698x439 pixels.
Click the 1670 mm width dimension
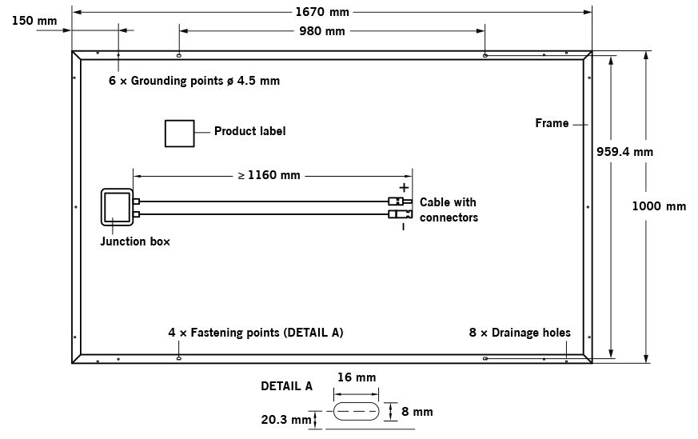tap(322, 12)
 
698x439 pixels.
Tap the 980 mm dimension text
tap(321, 31)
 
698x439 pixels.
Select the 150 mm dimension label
tap(34, 21)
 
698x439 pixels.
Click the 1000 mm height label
tap(659, 206)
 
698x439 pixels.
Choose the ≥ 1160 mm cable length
tap(269, 175)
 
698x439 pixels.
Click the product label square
tap(179, 134)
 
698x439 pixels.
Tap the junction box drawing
tap(117, 208)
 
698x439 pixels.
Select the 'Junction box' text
tap(135, 241)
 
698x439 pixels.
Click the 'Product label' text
tap(249, 131)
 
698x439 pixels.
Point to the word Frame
tap(552, 123)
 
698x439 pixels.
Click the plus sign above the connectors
tap(403, 188)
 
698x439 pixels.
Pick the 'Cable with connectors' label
tap(449, 210)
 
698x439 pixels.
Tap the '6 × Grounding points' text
tap(194, 81)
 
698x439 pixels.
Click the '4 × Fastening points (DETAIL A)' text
tap(255, 332)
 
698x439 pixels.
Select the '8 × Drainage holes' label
tap(520, 332)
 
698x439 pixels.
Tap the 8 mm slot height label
tap(417, 412)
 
